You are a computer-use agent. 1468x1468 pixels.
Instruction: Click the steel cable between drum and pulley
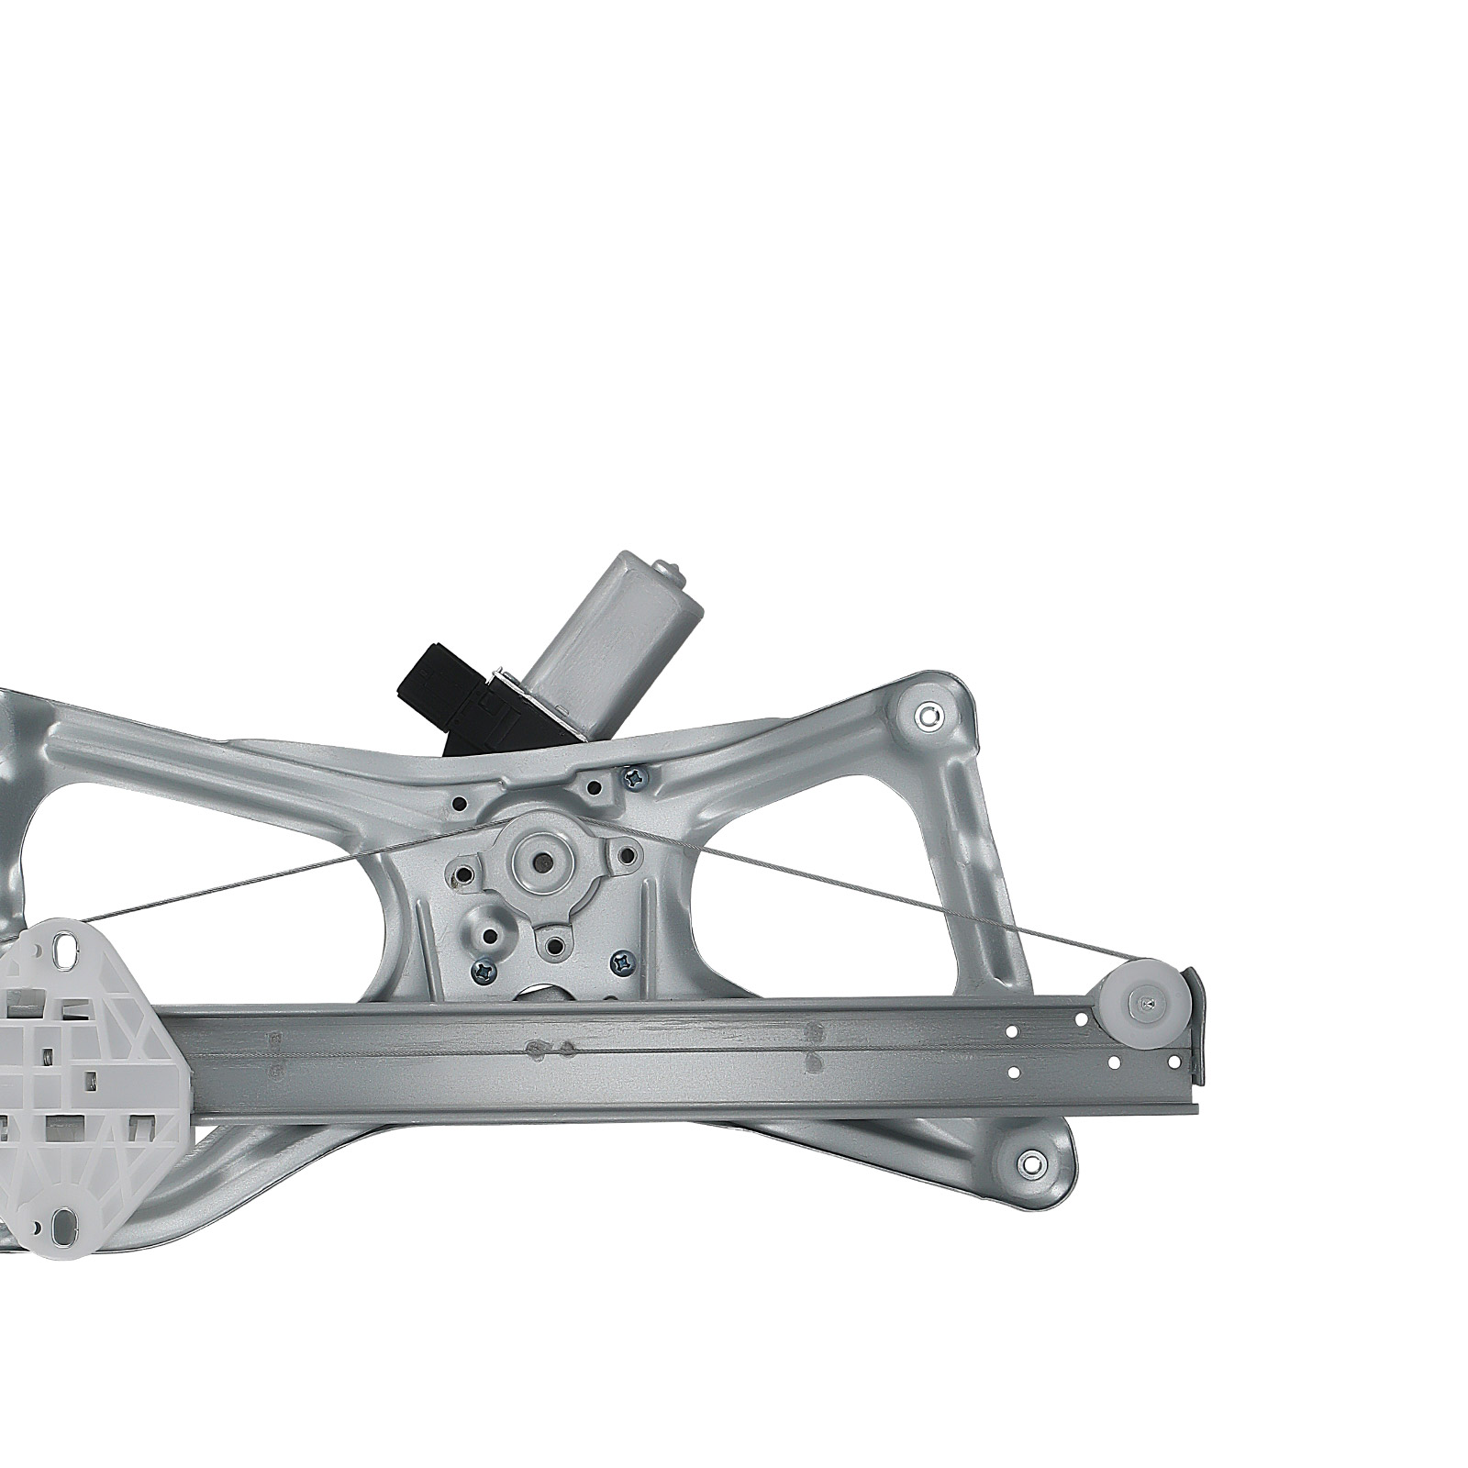[872, 899]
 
